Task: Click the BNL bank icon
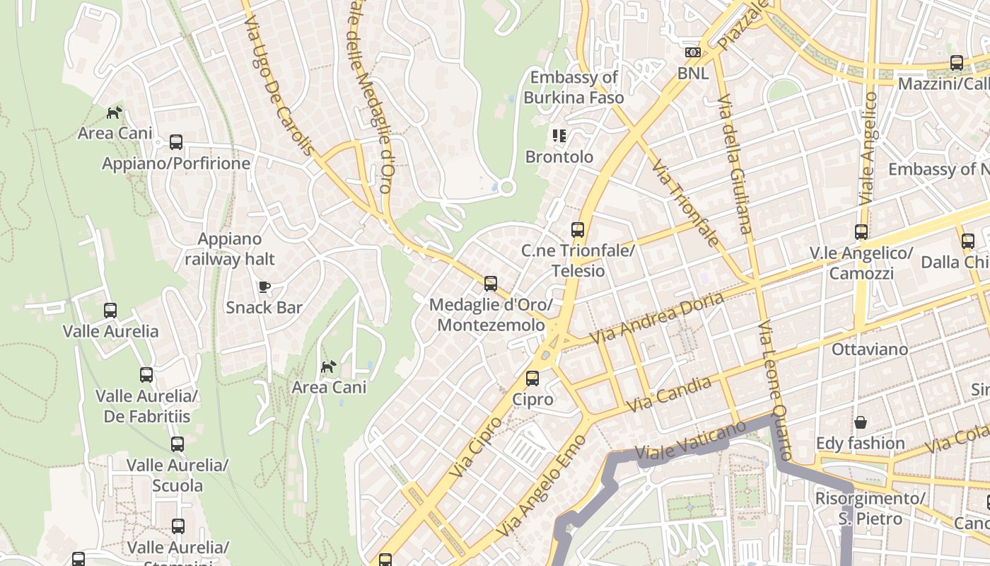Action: click(692, 52)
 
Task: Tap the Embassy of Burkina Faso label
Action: click(573, 88)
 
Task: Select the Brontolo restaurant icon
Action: click(559, 135)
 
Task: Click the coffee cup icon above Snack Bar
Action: click(264, 287)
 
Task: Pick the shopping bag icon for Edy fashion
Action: click(861, 422)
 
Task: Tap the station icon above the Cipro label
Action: click(532, 379)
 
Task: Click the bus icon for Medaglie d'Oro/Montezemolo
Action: click(491, 284)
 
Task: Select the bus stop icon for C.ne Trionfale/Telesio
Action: click(578, 230)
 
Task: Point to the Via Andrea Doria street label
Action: click(657, 318)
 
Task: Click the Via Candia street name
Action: click(669, 395)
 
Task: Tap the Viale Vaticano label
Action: click(690, 441)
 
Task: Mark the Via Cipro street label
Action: click(475, 446)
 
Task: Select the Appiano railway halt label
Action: click(230, 249)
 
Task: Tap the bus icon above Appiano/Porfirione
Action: click(176, 142)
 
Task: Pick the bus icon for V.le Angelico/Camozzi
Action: click(861, 232)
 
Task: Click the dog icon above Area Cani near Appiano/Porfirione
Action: click(114, 112)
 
